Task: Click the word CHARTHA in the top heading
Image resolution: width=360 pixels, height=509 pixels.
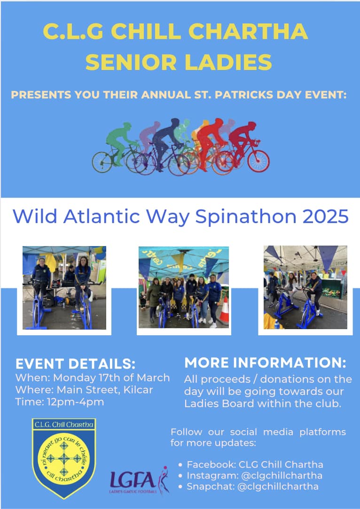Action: click(x=248, y=31)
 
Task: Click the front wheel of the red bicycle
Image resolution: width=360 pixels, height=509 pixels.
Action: click(x=258, y=161)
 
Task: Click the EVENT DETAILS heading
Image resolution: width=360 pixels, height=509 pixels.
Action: click(x=75, y=364)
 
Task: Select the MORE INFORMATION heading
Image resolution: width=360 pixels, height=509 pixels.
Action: click(x=265, y=363)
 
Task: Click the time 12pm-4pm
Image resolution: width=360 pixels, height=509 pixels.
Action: click(x=75, y=402)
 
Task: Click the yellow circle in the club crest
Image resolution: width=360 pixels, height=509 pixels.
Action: click(x=64, y=459)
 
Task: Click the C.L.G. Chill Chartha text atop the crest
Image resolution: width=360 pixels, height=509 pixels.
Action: click(x=64, y=424)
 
